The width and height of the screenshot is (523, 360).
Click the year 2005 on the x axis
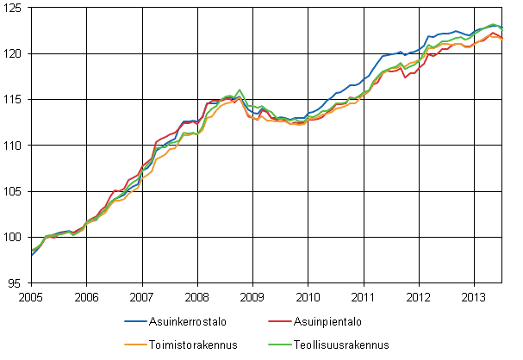(x=31, y=295)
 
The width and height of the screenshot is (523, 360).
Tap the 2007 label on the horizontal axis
(x=141, y=295)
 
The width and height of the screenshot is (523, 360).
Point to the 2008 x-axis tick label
(x=197, y=295)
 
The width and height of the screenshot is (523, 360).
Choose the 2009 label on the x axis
(x=252, y=295)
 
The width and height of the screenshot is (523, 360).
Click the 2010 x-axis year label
(x=308, y=295)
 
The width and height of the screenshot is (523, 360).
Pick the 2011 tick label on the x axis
(x=363, y=295)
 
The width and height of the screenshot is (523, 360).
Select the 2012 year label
(x=419, y=295)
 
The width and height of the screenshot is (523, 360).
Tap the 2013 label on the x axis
(x=474, y=295)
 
